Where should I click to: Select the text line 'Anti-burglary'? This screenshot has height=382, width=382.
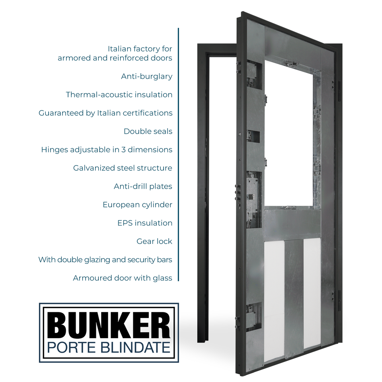pyautogui.click(x=146, y=76)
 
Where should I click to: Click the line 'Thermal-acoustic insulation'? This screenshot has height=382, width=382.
pyautogui.click(x=119, y=95)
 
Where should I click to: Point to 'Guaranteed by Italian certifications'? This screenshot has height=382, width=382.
pyautogui.click(x=105, y=113)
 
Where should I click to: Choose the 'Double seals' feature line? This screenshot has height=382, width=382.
pyautogui.click(x=148, y=131)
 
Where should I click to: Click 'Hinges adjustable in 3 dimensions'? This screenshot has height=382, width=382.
pyautogui.click(x=107, y=150)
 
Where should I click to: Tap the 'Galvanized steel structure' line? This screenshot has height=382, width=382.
pyautogui.click(x=123, y=168)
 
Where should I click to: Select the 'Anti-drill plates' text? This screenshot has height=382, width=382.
pyautogui.click(x=143, y=186)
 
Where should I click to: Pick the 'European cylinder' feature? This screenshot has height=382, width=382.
pyautogui.click(x=137, y=205)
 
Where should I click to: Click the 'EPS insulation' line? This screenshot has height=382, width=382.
pyautogui.click(x=145, y=223)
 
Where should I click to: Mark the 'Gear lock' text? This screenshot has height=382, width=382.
pyautogui.click(x=154, y=241)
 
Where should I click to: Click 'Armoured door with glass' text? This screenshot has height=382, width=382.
pyautogui.click(x=123, y=278)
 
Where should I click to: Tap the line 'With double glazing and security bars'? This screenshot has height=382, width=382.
pyautogui.click(x=105, y=259)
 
